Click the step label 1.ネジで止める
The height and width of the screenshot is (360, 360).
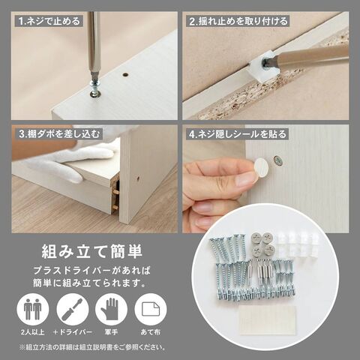point(49,21)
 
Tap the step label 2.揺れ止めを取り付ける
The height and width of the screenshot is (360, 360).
point(238,21)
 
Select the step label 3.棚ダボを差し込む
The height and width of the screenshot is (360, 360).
point(59,134)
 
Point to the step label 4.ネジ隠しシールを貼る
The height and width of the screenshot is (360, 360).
point(238,134)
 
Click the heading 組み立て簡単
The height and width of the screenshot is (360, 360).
point(92,251)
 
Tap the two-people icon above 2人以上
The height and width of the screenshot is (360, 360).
point(33,310)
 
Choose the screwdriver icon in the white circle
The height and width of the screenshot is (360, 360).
point(73,310)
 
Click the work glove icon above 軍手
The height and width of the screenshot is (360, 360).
point(112,310)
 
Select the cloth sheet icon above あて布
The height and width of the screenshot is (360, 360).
point(151,310)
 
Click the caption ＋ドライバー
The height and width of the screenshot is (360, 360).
point(73,332)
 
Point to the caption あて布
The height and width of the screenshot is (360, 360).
point(151,332)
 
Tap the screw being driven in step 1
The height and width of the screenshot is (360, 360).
point(94,87)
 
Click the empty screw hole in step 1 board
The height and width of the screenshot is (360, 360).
point(124,74)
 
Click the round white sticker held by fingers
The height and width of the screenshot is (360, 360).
point(261,167)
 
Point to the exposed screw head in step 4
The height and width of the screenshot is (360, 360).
point(277,160)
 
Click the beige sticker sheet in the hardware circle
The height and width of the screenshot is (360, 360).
point(267,320)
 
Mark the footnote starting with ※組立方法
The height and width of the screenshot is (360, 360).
point(92,347)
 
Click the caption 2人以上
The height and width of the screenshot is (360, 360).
point(33,332)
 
